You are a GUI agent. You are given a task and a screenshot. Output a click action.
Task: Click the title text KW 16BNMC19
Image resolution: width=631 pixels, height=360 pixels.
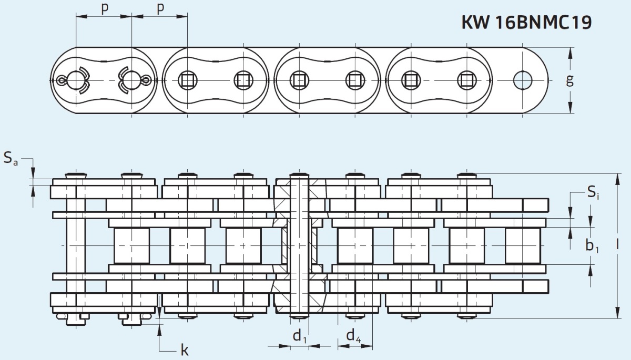[x=526, y=22]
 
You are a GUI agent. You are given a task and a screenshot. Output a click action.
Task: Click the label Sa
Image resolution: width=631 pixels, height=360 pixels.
[x=11, y=158]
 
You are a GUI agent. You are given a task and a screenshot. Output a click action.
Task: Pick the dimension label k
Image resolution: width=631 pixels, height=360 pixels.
[x=185, y=351]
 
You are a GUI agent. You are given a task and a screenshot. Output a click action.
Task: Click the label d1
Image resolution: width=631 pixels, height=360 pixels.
[x=300, y=336]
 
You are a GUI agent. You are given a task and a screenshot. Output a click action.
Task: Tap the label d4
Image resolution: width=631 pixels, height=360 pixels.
[x=353, y=336]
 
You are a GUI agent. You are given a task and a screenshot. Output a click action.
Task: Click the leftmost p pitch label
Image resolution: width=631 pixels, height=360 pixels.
[x=105, y=9]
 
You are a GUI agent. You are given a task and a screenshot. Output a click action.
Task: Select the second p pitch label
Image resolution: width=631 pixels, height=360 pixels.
[x=160, y=9]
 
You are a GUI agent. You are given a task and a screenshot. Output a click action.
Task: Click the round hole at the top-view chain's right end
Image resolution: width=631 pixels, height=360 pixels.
[x=523, y=80]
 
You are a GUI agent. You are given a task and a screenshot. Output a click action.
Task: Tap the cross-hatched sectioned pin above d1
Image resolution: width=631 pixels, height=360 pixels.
[x=299, y=245]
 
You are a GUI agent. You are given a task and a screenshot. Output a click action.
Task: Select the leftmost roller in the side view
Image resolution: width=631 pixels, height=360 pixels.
[x=131, y=245]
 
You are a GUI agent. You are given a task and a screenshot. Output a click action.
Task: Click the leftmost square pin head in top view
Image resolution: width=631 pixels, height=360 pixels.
[x=187, y=80]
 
